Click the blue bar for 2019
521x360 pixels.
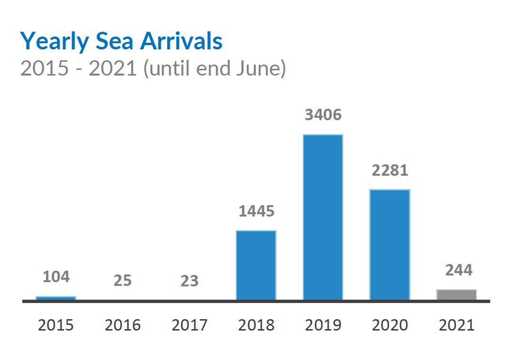click(x=323, y=217)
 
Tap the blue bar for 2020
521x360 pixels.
click(x=390, y=245)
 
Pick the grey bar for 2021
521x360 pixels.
click(x=456, y=294)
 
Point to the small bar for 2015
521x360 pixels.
click(x=56, y=298)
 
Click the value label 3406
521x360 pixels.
click(x=323, y=115)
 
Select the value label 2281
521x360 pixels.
click(x=390, y=170)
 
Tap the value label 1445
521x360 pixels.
click(x=256, y=211)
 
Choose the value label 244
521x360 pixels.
click(x=459, y=270)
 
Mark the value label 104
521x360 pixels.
click(x=56, y=277)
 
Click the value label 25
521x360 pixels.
click(x=122, y=281)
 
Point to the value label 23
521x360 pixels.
click(x=189, y=281)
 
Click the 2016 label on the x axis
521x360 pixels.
click(x=122, y=325)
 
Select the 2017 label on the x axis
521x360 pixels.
click(x=189, y=325)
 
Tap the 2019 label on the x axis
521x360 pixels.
click(x=323, y=325)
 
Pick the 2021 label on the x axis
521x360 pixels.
click(x=456, y=325)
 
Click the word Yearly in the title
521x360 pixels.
click(x=54, y=42)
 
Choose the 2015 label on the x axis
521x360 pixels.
click(x=56, y=325)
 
